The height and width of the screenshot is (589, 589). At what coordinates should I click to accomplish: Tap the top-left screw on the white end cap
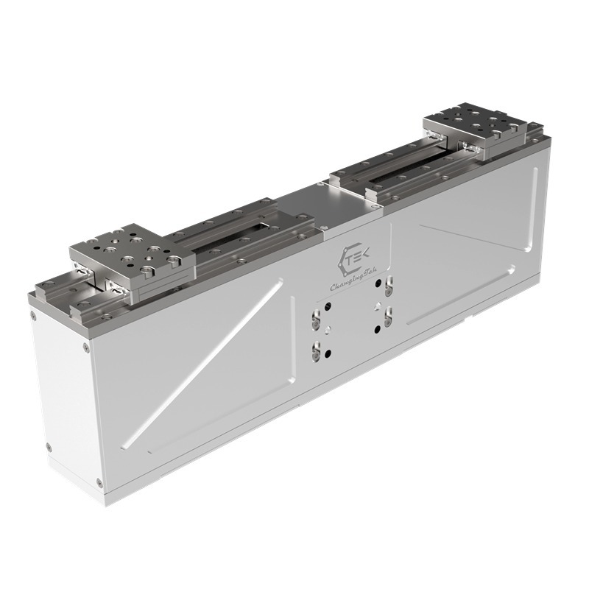35,316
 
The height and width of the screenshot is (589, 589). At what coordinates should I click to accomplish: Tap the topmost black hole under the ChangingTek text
379,283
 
